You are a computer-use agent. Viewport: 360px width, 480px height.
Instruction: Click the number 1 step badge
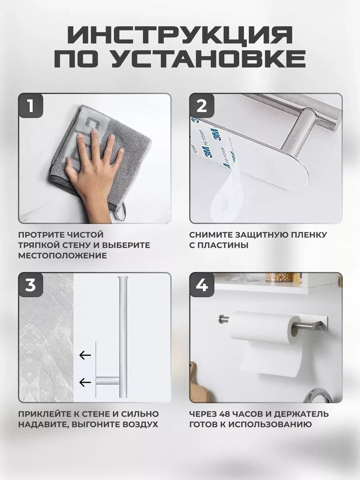click(31, 106)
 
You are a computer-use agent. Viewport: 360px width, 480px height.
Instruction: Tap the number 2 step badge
click(202, 106)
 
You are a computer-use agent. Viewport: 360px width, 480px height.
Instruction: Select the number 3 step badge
click(31, 285)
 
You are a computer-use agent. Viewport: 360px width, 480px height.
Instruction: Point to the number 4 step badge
click(202, 285)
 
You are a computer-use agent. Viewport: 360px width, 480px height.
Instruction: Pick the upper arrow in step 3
click(85, 355)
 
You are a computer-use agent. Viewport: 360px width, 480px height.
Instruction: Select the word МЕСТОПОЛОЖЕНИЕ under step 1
click(62, 256)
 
